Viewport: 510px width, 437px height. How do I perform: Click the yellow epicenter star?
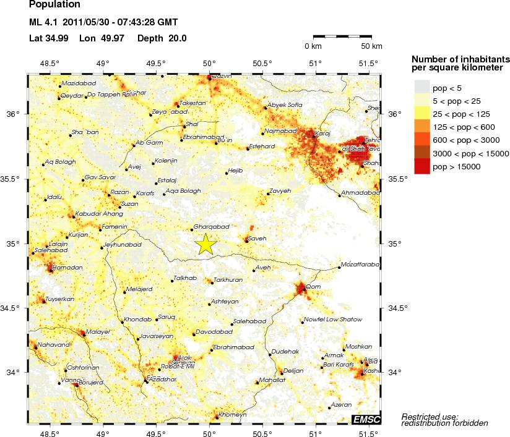(206, 245)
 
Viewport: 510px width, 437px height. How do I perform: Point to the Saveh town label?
(257, 237)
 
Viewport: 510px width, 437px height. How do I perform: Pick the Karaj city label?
(323, 133)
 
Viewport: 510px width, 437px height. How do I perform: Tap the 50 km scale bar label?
(371, 46)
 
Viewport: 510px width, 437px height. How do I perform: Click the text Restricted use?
(430, 416)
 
